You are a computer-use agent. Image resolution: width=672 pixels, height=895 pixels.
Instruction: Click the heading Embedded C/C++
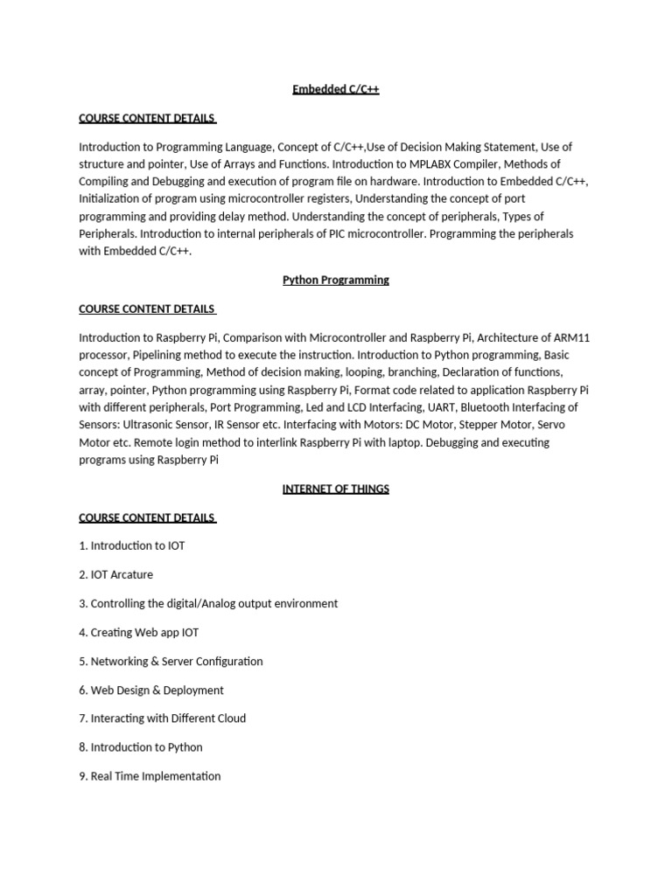point(335,89)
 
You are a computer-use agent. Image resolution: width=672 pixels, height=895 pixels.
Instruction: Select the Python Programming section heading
point(335,280)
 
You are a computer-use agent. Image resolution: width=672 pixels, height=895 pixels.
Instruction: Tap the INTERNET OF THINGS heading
point(335,489)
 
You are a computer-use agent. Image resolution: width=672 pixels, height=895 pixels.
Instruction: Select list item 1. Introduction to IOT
point(131,545)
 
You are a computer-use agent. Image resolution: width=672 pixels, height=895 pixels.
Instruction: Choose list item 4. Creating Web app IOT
point(138,632)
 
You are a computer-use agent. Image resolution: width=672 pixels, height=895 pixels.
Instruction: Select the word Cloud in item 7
point(230,718)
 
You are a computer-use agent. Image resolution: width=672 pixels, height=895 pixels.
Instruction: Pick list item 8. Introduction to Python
point(140,747)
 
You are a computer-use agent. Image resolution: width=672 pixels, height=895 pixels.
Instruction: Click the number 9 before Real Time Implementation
point(82,776)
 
